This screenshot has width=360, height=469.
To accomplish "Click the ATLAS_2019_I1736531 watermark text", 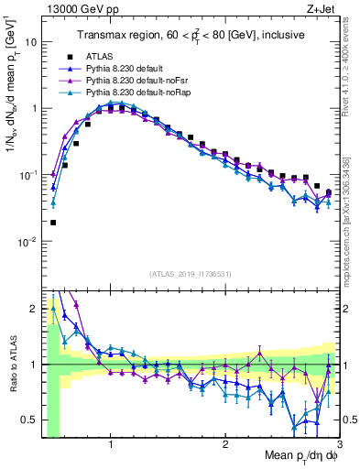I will pos(190,273).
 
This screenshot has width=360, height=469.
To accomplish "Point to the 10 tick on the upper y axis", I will pos(30,42).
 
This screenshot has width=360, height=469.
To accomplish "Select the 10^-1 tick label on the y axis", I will pos(27,175).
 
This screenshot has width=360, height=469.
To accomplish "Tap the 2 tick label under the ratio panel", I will pos(225,444).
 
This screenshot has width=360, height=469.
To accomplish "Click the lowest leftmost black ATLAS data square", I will pos(53,222).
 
